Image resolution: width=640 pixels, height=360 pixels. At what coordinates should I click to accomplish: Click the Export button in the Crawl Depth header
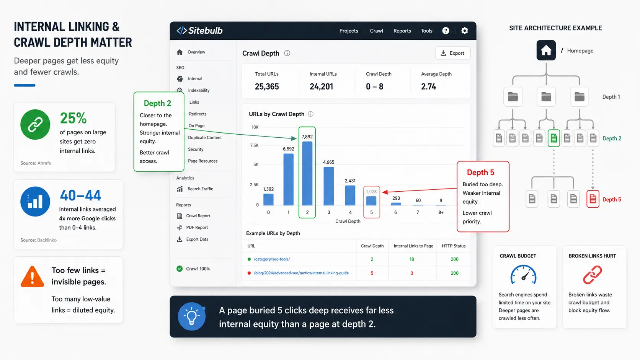point(452,53)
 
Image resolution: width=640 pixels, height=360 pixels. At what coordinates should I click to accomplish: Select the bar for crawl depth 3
point(328,186)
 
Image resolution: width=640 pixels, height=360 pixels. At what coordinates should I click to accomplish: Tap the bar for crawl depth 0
point(268,200)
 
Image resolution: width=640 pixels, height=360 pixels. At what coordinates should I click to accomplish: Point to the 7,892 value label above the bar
point(307,137)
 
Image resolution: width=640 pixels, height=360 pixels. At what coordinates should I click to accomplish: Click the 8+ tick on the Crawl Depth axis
point(441,212)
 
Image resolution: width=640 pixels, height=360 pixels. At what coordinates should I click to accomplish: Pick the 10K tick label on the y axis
point(255,127)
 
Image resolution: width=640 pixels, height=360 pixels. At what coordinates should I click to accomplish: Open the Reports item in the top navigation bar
point(402,31)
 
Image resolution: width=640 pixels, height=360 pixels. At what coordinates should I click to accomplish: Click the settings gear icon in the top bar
point(465,31)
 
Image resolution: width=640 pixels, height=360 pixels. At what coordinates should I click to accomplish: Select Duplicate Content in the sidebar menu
point(205,138)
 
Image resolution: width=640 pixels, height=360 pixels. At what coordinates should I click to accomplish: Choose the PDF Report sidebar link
point(197,228)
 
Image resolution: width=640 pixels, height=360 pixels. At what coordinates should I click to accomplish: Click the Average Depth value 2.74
point(429,86)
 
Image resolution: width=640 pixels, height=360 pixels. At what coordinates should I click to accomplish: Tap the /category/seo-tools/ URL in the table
point(272,259)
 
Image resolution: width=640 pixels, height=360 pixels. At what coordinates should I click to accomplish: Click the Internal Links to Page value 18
point(412,259)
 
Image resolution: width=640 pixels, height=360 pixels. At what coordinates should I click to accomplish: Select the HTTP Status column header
point(454,246)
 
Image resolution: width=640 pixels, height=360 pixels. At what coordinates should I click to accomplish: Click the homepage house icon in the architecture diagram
point(546,50)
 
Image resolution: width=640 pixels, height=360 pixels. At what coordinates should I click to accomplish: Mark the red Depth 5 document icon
point(593,199)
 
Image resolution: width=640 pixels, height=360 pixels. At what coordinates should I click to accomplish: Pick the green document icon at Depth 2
point(554,138)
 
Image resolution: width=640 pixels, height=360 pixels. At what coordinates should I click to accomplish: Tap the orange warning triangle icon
point(32,277)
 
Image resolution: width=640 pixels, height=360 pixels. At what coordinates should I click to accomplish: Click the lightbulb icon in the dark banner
point(191,317)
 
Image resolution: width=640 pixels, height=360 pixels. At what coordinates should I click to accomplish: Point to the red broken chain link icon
point(592,275)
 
